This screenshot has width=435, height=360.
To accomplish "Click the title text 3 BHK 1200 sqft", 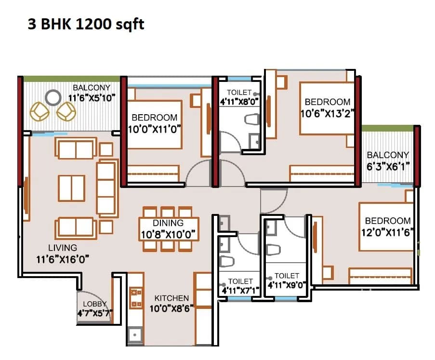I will click(86, 24).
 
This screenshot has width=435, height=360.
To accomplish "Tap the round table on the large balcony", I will click(53, 97).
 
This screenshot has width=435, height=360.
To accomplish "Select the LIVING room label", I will click(62, 248).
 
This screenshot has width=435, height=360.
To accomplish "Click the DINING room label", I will click(169, 223).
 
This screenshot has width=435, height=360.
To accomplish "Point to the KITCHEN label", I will click(171, 298).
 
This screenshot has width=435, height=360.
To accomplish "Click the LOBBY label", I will click(94, 304).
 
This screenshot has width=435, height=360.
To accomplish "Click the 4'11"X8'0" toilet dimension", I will click(239, 102).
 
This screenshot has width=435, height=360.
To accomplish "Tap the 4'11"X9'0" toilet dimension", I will click(287, 285).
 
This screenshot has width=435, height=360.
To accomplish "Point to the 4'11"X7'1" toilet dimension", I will click(239, 291).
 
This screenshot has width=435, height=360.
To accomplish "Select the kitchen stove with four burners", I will click(136, 298).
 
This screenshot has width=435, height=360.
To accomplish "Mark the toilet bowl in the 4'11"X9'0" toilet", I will click(273, 250).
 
